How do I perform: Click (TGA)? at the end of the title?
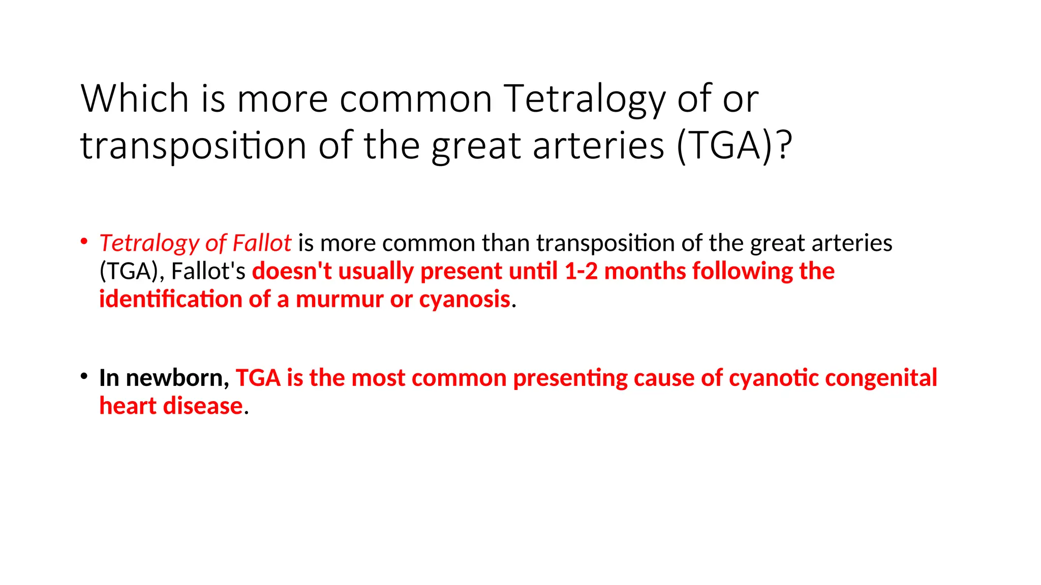coord(734,146)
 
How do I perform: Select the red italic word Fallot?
coord(261,243)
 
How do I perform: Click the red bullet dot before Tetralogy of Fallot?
coord(84,241)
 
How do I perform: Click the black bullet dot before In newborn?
coord(84,376)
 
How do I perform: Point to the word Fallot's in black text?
coord(208,271)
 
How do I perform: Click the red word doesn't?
coord(292,271)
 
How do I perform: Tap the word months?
coord(645,271)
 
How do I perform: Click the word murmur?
coord(340,299)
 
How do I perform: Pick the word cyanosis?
coord(465,299)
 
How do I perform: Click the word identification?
coord(170,299)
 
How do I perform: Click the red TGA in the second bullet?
coord(258,378)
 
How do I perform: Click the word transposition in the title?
coord(193,146)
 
